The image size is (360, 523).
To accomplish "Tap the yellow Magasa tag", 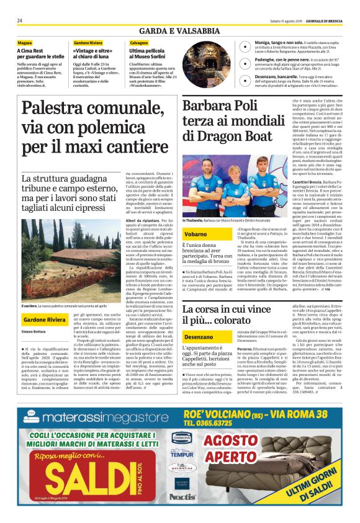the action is click(x=25, y=42).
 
